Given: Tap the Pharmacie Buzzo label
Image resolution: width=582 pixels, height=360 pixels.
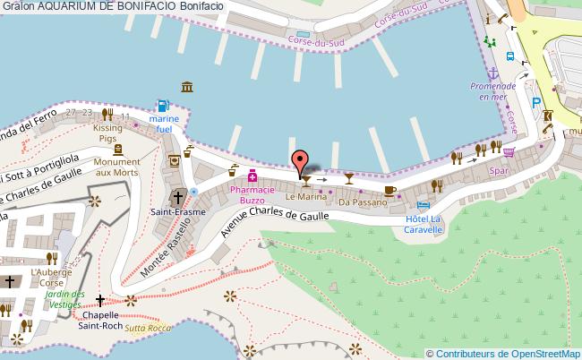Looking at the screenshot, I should point(252,195).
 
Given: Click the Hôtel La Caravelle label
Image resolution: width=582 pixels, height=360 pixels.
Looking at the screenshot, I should point(424,223).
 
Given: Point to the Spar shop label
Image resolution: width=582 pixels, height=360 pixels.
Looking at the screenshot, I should point(499,169).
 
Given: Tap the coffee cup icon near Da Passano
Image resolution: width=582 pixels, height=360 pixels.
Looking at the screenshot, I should point(389,190).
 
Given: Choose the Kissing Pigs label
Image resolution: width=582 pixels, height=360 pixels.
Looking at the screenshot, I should point(107,133).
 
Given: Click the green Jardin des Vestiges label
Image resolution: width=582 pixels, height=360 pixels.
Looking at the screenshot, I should point(65,299).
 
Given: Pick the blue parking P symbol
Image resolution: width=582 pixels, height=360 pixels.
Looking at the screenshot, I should point(536,103).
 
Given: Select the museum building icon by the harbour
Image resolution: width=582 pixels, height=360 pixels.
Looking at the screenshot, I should point(186,86).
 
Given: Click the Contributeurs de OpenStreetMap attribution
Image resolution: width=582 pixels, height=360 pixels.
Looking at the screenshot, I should point(507,353).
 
